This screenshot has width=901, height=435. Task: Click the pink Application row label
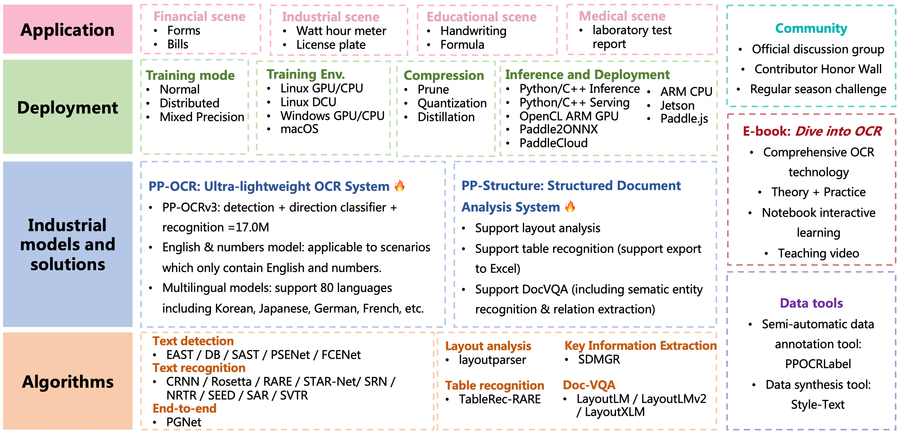click(x=67, y=30)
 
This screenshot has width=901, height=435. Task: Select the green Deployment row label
click(x=67, y=108)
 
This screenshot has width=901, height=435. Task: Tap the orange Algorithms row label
click(x=67, y=382)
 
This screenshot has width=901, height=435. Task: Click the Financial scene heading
click(x=199, y=16)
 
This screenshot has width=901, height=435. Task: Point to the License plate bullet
click(x=331, y=45)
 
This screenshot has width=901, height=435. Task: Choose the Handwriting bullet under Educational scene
click(x=473, y=31)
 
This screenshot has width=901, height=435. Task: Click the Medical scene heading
click(x=622, y=16)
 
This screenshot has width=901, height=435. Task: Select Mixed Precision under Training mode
click(x=201, y=117)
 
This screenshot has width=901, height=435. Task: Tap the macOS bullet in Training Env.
click(x=299, y=129)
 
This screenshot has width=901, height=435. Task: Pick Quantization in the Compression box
click(x=452, y=103)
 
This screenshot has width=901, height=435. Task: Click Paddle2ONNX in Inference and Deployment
click(x=558, y=129)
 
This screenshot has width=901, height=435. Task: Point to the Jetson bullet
click(x=677, y=105)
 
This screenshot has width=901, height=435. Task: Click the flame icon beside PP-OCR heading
click(x=400, y=186)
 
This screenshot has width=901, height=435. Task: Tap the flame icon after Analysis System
click(x=570, y=206)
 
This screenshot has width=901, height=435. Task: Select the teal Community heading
click(x=811, y=28)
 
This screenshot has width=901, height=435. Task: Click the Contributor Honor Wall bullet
click(x=818, y=69)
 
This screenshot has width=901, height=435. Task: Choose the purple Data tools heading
click(x=811, y=303)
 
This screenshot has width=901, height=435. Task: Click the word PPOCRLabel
click(x=818, y=364)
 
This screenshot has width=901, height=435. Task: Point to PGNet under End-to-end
click(x=183, y=422)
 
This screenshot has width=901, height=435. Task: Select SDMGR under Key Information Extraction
click(x=599, y=360)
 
